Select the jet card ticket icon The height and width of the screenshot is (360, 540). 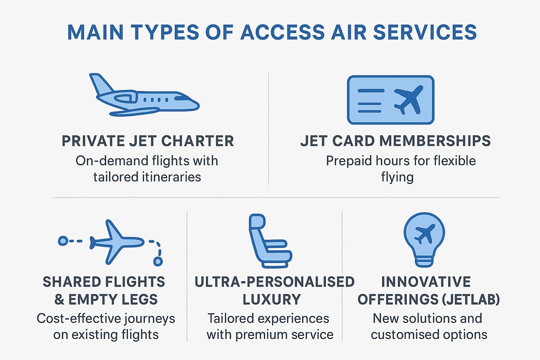click(390, 99)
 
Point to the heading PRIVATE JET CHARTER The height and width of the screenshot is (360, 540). click(148, 141)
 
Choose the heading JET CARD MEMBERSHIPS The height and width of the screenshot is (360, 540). click(395, 141)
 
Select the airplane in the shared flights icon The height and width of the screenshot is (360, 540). click(116, 243)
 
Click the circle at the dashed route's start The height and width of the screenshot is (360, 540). click(63, 241)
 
